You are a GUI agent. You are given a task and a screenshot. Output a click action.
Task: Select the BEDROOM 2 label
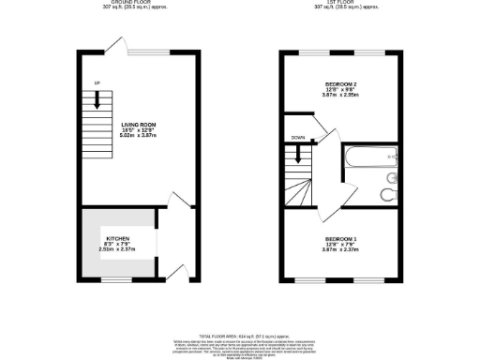343,82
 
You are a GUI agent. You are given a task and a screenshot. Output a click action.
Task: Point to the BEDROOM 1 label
341,239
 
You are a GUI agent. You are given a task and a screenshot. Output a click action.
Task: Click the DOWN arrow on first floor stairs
298,156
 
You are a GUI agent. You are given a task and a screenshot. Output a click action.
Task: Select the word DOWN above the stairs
297,138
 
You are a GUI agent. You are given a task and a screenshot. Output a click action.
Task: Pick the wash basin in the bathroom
393,176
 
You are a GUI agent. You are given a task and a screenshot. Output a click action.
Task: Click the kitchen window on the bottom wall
116,278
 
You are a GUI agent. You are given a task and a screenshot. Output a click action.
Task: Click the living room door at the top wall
114,44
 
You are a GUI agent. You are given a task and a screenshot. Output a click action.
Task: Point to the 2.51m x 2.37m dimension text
118,250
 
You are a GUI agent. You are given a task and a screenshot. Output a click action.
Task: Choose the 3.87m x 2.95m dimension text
343,96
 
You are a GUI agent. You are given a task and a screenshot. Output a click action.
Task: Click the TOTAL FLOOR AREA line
238,334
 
